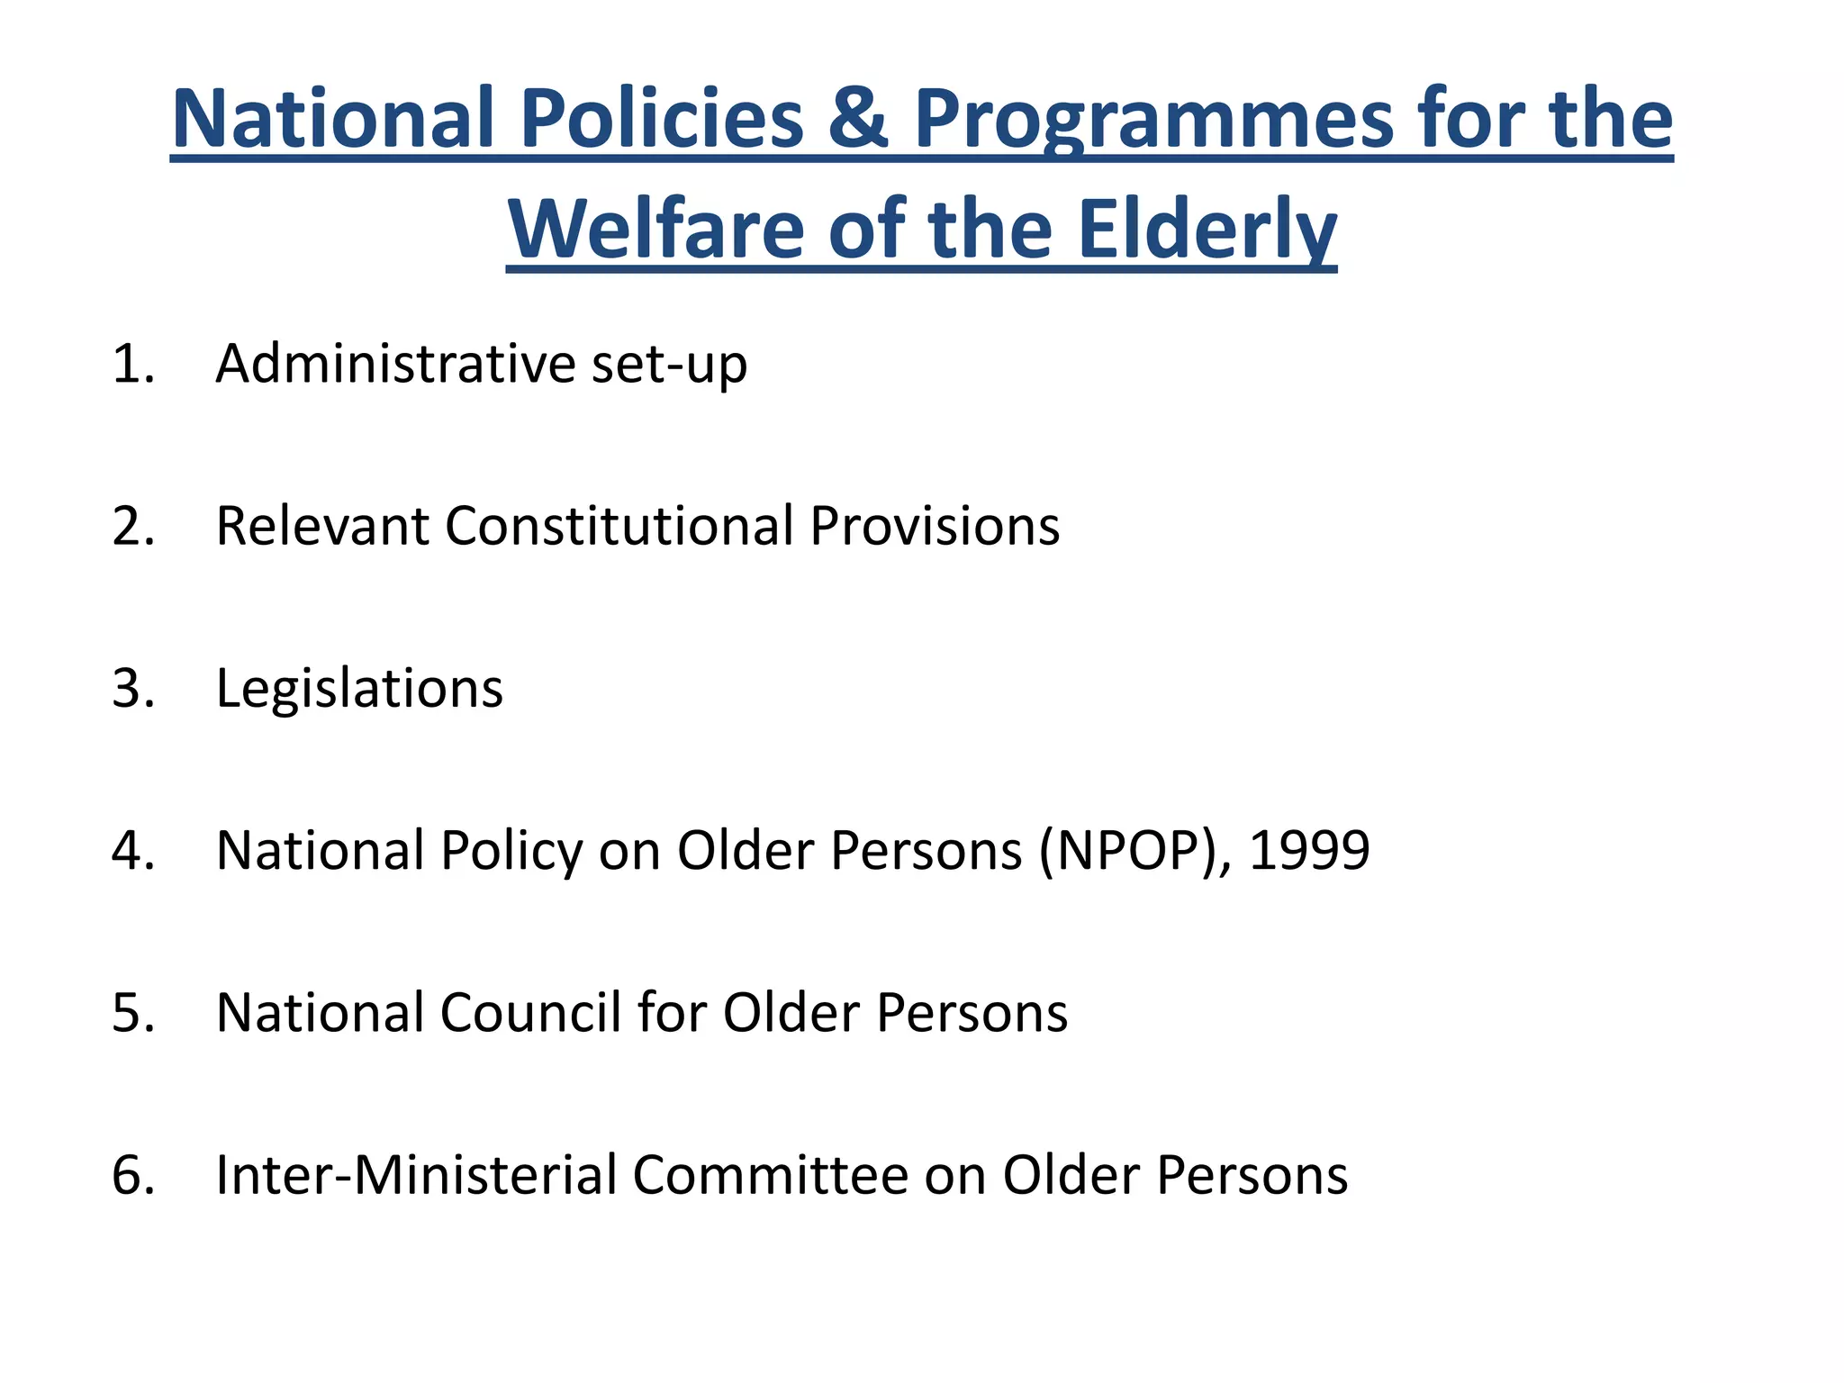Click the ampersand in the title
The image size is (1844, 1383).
coord(858,119)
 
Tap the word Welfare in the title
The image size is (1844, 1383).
coord(655,230)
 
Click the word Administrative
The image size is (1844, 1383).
coord(395,364)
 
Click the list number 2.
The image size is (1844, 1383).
coord(132,527)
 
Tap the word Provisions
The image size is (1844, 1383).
coord(935,526)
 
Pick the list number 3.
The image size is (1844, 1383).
coord(132,689)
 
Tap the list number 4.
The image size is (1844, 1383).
coord(132,851)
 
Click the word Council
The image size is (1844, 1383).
coord(530,1013)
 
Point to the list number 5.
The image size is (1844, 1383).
coord(132,1013)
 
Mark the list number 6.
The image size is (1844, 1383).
coord(132,1175)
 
